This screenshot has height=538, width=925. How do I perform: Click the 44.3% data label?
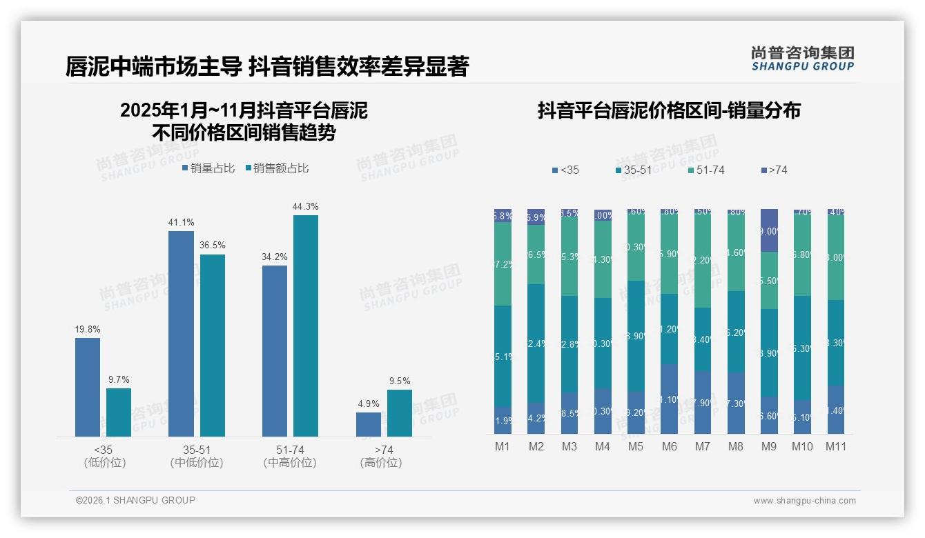(305, 206)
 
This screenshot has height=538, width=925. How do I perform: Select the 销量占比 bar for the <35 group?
(88, 387)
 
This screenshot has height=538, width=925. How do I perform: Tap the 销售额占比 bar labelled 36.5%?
(213, 345)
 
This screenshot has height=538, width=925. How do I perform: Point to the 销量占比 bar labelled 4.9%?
(369, 424)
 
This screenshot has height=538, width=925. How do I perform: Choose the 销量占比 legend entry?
(208, 168)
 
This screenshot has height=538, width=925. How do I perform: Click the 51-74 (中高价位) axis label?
(290, 457)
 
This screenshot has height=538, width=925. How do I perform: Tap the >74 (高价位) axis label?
(381, 457)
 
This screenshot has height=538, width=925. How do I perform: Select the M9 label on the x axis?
(768, 446)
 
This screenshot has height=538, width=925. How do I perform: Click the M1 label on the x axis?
(503, 446)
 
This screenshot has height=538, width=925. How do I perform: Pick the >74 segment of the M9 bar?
(768, 230)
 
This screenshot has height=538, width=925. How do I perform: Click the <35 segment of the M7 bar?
(702, 402)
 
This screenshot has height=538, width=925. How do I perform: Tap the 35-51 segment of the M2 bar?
(536, 343)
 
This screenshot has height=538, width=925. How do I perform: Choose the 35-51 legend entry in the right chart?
(633, 170)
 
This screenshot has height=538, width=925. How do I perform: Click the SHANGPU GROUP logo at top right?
(802, 59)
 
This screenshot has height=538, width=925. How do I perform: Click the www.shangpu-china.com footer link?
(804, 501)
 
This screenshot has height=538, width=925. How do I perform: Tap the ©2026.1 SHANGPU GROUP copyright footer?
(135, 500)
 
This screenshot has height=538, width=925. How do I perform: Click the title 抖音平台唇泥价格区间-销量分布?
(668, 111)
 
